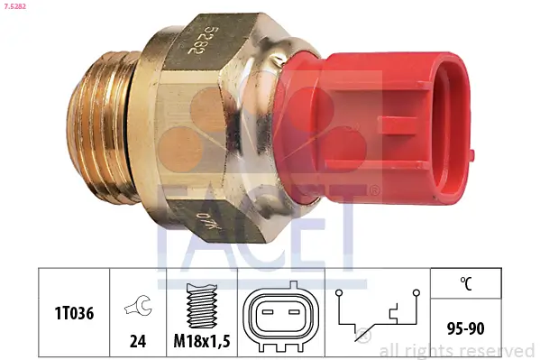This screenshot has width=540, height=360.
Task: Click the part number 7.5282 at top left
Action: [x=19, y=8]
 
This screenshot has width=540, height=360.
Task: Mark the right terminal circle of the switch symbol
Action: [x=416, y=293]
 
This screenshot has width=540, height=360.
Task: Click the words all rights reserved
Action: [x=457, y=350]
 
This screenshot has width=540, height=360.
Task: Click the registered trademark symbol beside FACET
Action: [x=372, y=192]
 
